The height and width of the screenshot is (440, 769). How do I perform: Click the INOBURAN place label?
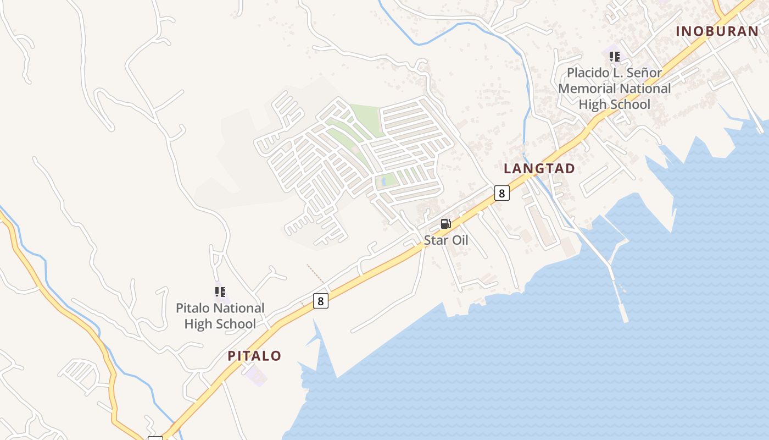(x=717, y=31)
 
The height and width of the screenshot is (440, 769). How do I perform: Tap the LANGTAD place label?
(x=539, y=169)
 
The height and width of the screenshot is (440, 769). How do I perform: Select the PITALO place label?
(x=254, y=356)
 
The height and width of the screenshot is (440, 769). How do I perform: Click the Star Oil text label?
(x=445, y=240)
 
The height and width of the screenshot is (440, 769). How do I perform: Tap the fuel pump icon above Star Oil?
(x=445, y=224)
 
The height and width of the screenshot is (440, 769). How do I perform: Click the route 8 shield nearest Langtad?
(x=501, y=193)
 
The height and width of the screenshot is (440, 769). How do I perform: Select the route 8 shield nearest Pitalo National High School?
(x=321, y=301)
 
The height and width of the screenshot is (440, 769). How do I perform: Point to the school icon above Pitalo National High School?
(x=220, y=292)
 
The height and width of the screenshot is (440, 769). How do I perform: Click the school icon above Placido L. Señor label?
(x=614, y=56)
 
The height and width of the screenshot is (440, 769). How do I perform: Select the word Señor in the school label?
(x=643, y=73)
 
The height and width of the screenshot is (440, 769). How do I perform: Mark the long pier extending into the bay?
(x=610, y=269)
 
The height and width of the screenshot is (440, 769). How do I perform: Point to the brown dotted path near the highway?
(x=315, y=274)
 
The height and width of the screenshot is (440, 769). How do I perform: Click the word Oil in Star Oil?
(x=459, y=240)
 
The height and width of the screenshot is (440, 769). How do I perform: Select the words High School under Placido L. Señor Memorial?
(x=614, y=105)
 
